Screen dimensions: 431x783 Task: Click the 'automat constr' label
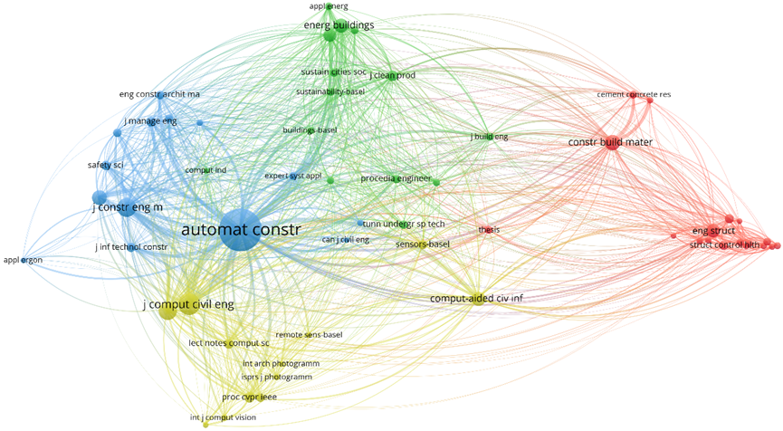point(240,230)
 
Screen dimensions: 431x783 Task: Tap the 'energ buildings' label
point(339,25)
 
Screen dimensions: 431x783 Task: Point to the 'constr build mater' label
point(610,142)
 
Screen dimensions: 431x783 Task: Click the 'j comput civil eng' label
point(188,305)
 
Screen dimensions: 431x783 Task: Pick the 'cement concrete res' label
point(634,95)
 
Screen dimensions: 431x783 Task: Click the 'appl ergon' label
point(24,261)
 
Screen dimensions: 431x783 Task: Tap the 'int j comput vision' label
point(223,417)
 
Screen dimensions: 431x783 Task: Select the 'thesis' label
point(489,230)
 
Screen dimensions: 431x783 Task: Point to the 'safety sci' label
point(105,165)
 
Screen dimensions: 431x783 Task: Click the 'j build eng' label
point(489,137)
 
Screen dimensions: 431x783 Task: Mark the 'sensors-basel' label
point(423,244)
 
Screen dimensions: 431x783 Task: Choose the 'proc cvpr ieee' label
point(249,397)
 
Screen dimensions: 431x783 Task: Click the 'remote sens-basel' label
point(309,335)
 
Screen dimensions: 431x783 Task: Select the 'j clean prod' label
point(392,75)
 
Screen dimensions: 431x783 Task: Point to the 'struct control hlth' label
point(725,245)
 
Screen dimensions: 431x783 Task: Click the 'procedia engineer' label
point(396,178)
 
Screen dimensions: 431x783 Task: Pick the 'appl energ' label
point(329,6)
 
